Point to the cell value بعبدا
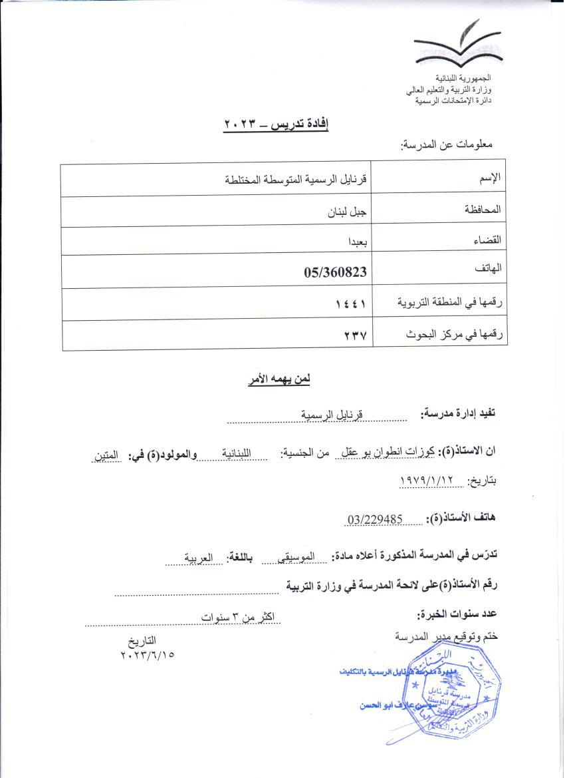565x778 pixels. (354, 242)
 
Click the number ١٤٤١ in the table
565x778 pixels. (352, 304)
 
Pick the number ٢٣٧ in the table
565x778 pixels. (356, 336)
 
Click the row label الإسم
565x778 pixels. (490, 178)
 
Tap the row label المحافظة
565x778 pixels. (478, 209)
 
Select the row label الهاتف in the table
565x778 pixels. (488, 268)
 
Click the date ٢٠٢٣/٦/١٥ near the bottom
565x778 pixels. (147, 654)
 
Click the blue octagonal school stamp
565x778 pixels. (452, 695)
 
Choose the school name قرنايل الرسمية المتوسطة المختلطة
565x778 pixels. (297, 179)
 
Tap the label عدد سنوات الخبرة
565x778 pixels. (457, 613)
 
